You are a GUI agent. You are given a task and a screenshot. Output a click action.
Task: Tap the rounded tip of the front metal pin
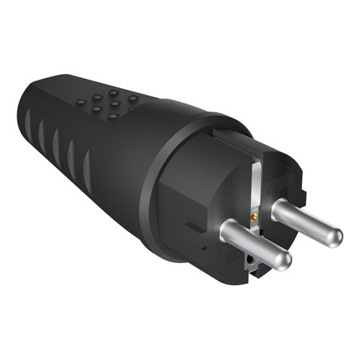coord(284,263)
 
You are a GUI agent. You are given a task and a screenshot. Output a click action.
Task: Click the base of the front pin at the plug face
coord(225,232)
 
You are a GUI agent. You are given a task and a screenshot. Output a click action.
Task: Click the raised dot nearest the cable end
coord(82,103)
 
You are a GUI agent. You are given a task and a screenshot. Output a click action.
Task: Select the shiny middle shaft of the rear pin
coord(307,222)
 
